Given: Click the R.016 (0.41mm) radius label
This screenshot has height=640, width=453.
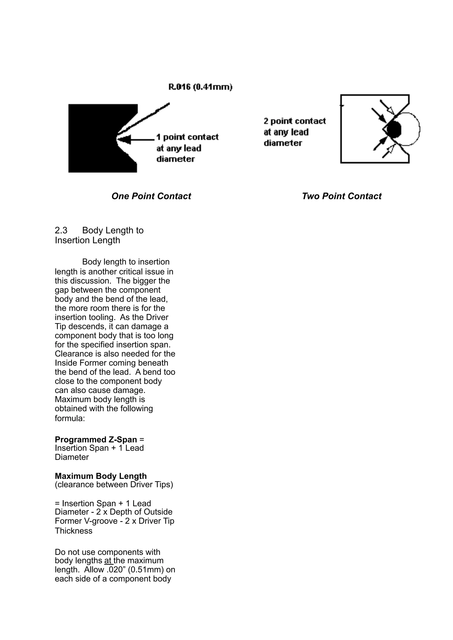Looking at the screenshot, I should (x=200, y=87).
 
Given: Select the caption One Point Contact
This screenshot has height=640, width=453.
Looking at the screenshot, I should (x=151, y=196).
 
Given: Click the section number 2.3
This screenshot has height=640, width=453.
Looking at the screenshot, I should (x=61, y=231).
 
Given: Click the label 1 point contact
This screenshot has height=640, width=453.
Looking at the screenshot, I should (x=187, y=137).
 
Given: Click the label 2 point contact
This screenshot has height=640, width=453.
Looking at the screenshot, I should (x=294, y=121).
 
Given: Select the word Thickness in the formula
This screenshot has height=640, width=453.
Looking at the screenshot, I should (x=73, y=531).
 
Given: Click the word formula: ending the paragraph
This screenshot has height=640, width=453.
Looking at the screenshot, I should (x=69, y=418).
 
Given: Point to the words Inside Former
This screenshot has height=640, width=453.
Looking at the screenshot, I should (x=80, y=363).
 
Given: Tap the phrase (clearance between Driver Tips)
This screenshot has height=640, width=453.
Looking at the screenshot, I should (x=114, y=485).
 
